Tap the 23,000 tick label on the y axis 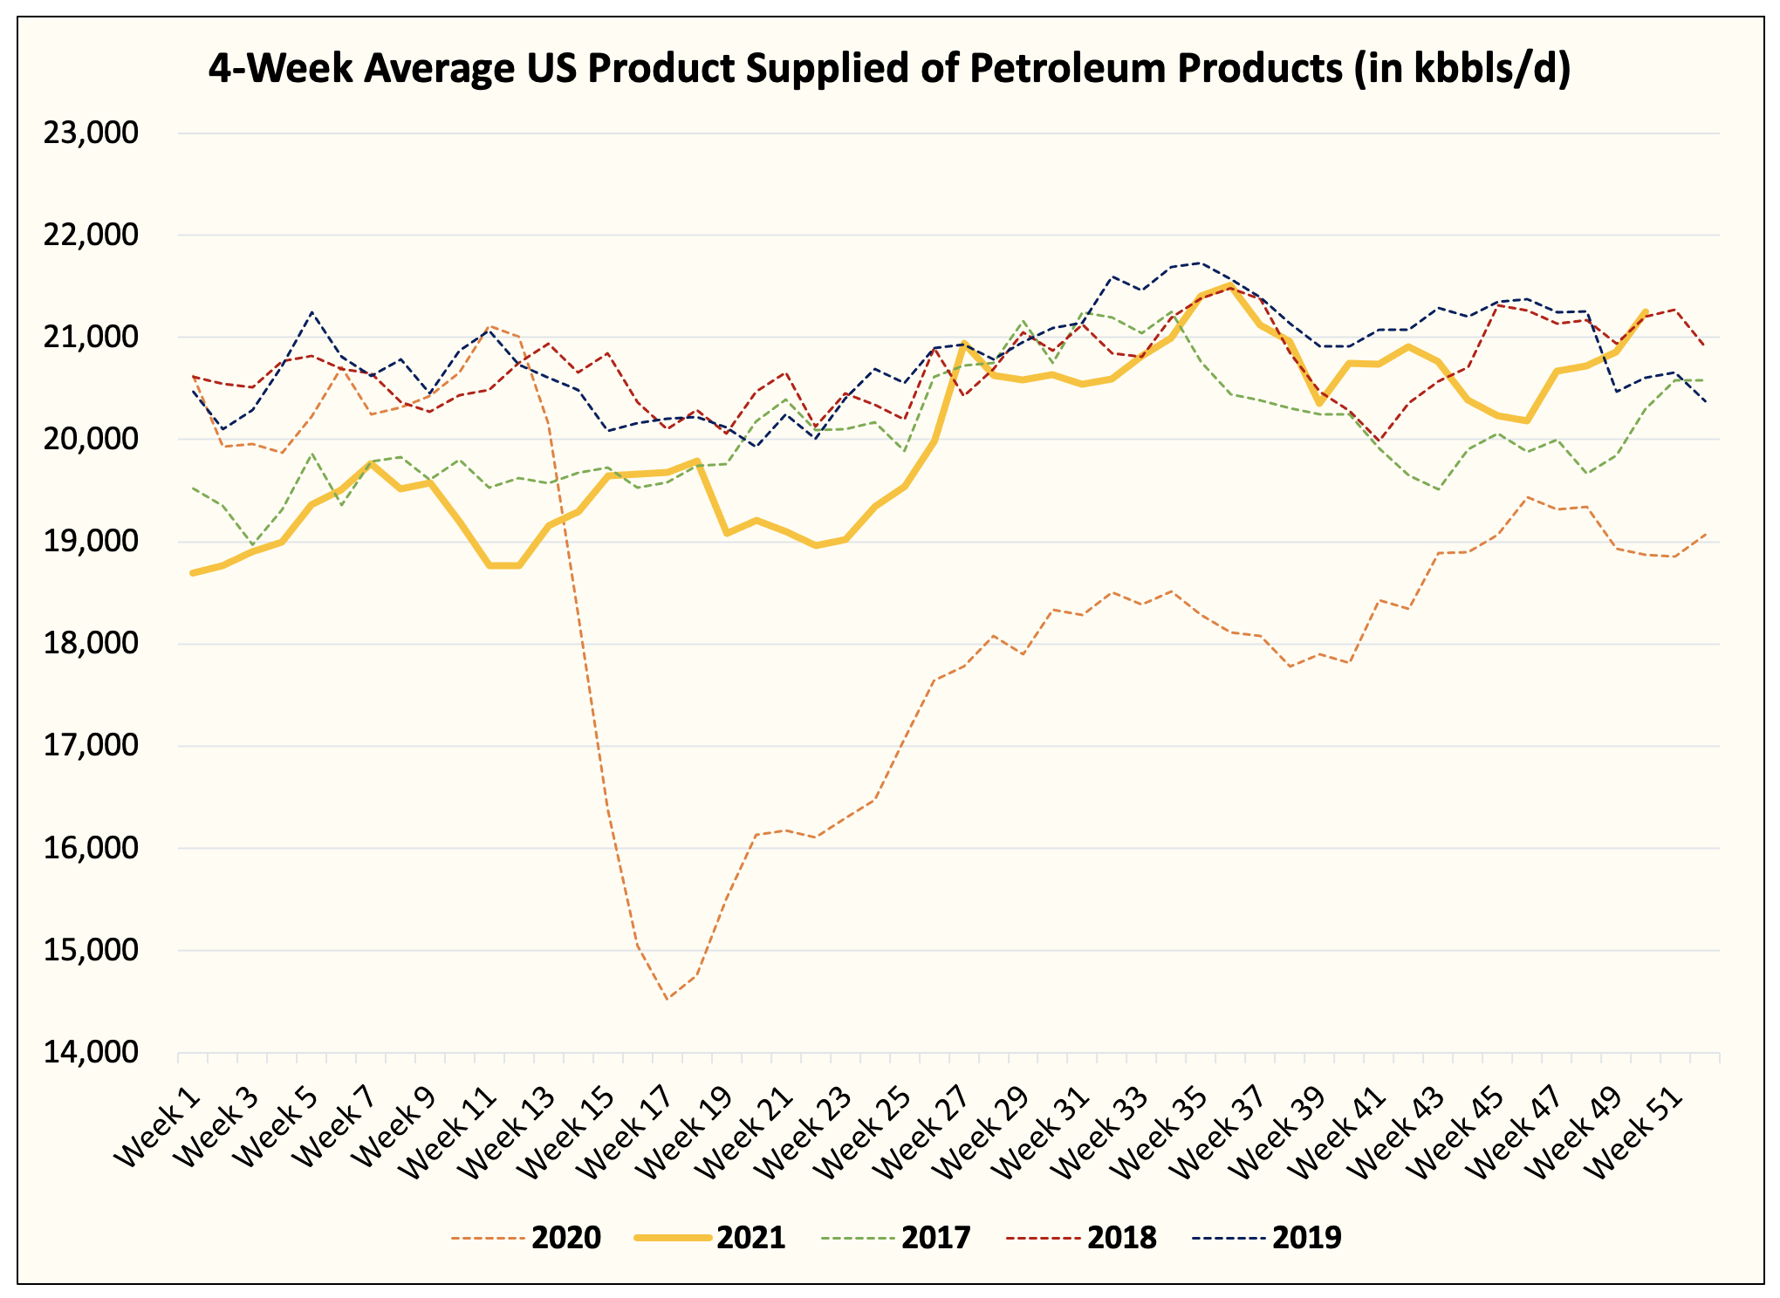pyautogui.click(x=92, y=133)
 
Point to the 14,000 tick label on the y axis pyautogui.click(x=92, y=1052)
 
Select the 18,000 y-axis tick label pyautogui.click(x=92, y=644)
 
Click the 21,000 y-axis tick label pyautogui.click(x=92, y=338)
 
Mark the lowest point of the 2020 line pyautogui.click(x=667, y=999)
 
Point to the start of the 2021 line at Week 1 pyautogui.click(x=193, y=573)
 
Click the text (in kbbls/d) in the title pyautogui.click(x=1462, y=68)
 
